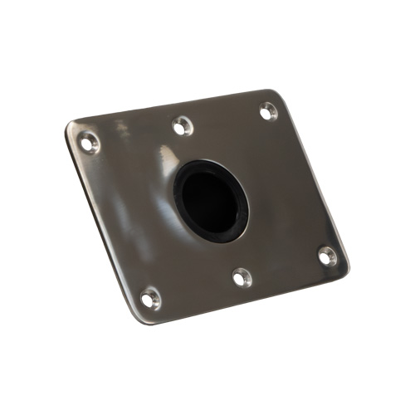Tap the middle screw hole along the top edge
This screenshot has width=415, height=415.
pyautogui.click(x=181, y=126)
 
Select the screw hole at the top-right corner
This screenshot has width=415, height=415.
pyautogui.click(x=267, y=110)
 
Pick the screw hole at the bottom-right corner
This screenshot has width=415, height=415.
pyautogui.click(x=326, y=256)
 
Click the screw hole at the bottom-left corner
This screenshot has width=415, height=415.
pyautogui.click(x=149, y=297)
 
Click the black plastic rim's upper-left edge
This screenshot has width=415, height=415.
pyautogui.click(x=182, y=177)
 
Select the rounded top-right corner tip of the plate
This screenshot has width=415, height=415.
pyautogui.click(x=278, y=91)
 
